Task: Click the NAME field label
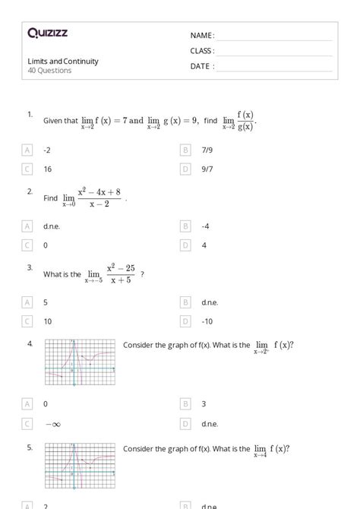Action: click(x=202, y=35)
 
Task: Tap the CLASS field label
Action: click(x=202, y=51)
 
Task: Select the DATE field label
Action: click(x=202, y=66)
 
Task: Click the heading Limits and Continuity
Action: click(x=63, y=62)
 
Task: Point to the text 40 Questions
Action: click(x=49, y=71)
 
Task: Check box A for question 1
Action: click(x=28, y=150)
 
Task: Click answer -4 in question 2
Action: click(x=205, y=226)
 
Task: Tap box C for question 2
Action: click(x=28, y=245)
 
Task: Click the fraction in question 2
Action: click(x=99, y=198)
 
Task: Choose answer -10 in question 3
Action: click(x=207, y=321)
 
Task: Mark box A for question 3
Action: click(x=28, y=302)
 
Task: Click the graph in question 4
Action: click(x=80, y=362)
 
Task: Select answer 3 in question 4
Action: click(x=204, y=403)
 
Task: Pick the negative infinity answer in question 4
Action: click(x=52, y=423)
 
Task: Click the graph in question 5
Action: click(x=80, y=466)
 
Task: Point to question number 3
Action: click(x=30, y=267)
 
